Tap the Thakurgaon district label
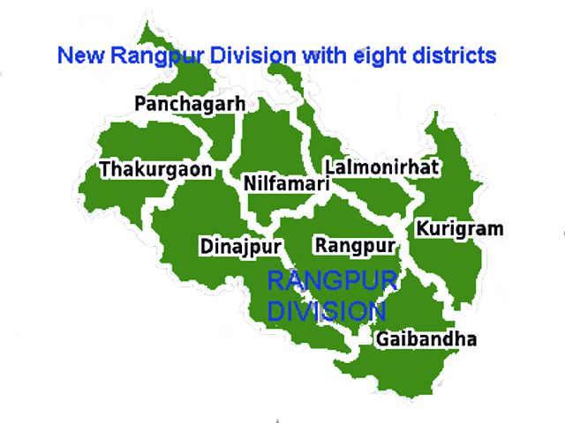[156, 169]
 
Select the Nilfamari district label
[286, 184]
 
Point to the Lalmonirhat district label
[381, 167]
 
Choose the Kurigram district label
[460, 230]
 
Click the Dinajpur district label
[240, 245]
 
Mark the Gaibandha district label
[426, 339]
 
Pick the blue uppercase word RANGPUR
[332, 284]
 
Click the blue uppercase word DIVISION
[327, 311]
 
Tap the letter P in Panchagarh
[141, 103]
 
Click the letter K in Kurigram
[423, 229]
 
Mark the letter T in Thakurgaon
[106, 168]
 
